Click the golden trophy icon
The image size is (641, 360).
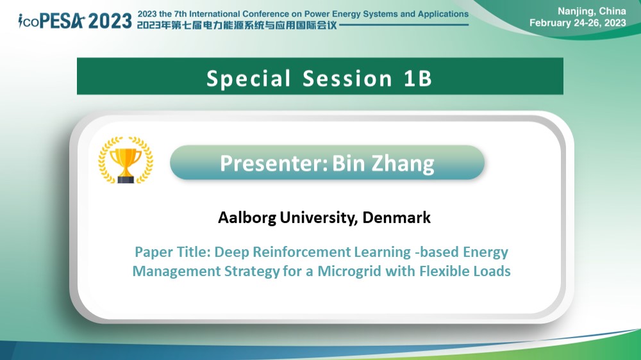coord(126,160)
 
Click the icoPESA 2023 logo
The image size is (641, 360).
coord(75,21)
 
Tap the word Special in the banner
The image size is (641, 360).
coord(249,78)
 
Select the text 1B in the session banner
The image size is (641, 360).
coord(418,78)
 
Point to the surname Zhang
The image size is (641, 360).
coord(403,164)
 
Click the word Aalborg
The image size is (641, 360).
coord(247,218)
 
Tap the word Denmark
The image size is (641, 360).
coord(396,217)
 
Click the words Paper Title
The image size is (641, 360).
coord(172,252)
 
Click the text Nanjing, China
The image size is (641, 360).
coord(592,11)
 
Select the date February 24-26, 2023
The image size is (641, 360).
coord(578,23)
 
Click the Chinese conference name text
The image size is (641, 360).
coord(237,26)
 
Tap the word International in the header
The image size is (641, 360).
coord(215,14)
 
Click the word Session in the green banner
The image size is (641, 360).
coord(347,78)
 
